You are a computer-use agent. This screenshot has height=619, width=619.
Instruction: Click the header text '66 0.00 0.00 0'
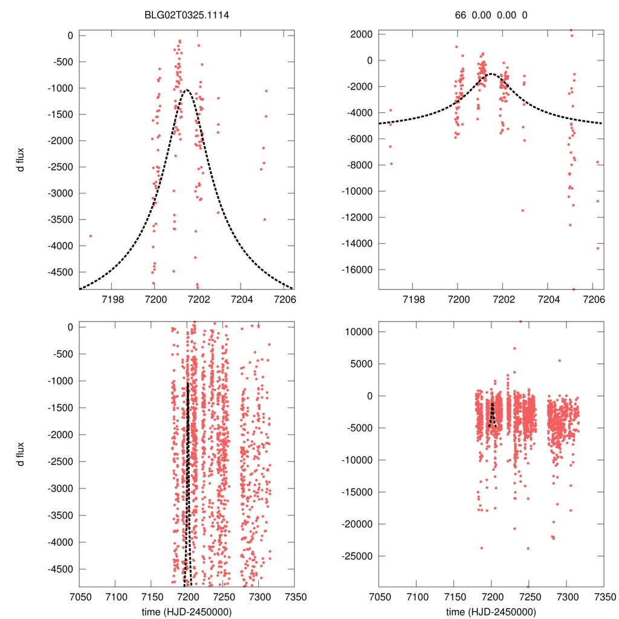[491, 15]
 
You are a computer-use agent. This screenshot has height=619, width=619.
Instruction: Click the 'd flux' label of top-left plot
[21, 159]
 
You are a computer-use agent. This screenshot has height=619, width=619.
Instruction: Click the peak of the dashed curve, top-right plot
[491, 74]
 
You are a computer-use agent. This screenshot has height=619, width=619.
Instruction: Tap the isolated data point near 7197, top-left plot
[91, 236]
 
